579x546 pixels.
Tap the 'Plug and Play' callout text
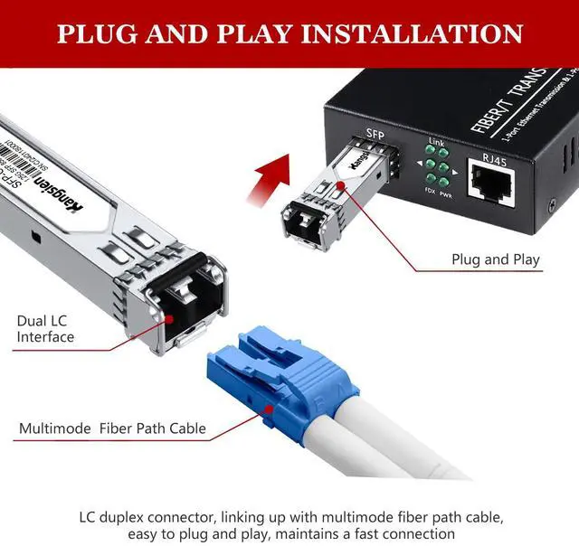pyautogui.click(x=496, y=259)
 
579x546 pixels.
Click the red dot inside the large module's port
pyautogui.click(x=170, y=317)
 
